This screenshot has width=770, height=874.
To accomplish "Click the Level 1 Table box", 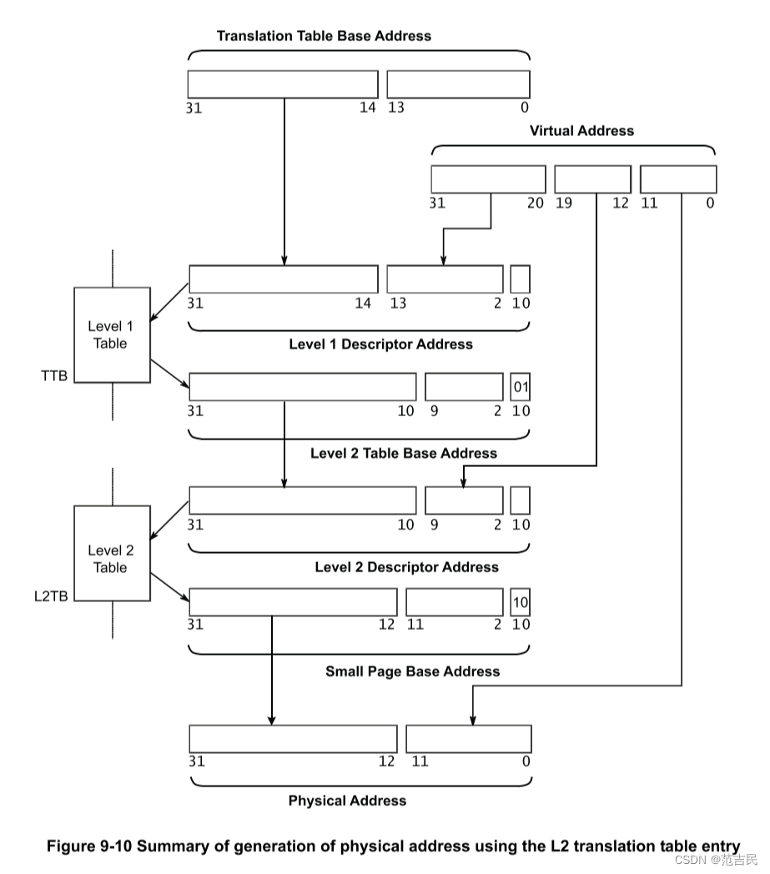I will pyautogui.click(x=112, y=334).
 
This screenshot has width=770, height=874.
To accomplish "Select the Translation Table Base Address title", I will pyautogui.click(x=324, y=36).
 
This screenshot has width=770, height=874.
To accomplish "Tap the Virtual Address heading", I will pyautogui.click(x=581, y=131).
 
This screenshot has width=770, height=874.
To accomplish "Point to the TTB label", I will pyautogui.click(x=53, y=376).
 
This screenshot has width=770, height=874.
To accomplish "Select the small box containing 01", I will pyautogui.click(x=521, y=387).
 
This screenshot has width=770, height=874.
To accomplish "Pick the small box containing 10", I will pyautogui.click(x=521, y=602).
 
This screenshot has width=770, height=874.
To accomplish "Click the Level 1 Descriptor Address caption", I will pyautogui.click(x=380, y=344).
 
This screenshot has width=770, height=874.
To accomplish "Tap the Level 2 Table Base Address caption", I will pyautogui.click(x=403, y=454).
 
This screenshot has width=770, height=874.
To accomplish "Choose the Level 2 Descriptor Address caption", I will pyautogui.click(x=406, y=567).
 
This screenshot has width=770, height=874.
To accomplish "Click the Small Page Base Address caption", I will pyautogui.click(x=412, y=671).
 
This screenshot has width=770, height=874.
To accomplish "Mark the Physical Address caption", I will pyautogui.click(x=347, y=801).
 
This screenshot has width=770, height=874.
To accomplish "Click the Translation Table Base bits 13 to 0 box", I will pyautogui.click(x=458, y=84).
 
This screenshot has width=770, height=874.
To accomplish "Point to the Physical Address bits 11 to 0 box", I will pyautogui.click(x=468, y=739).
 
